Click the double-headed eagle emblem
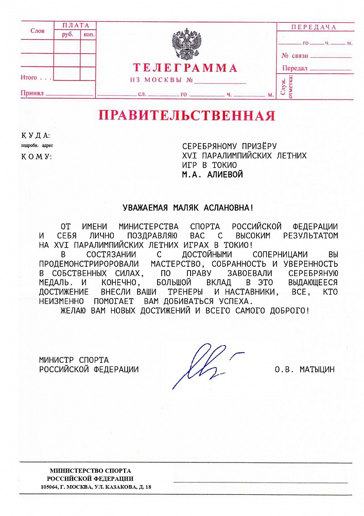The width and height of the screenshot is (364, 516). click(x=186, y=45)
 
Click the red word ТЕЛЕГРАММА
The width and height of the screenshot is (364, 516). click(x=185, y=68)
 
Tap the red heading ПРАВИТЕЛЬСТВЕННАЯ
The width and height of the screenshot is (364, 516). click(x=187, y=115)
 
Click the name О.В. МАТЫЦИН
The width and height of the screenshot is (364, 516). click(x=305, y=369)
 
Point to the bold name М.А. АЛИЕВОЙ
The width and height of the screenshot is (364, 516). click(x=212, y=174)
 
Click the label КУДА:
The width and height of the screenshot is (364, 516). click(x=36, y=136)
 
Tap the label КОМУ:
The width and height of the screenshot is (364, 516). click(x=37, y=156)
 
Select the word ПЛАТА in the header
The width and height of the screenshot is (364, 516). click(x=75, y=25)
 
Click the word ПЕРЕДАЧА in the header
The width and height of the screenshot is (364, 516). click(x=314, y=27)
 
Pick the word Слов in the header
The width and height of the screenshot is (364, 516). click(x=38, y=31)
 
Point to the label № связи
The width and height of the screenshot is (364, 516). click(x=295, y=55)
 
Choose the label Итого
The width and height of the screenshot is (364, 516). click(x=29, y=77)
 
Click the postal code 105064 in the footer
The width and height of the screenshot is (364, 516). click(x=50, y=487)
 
